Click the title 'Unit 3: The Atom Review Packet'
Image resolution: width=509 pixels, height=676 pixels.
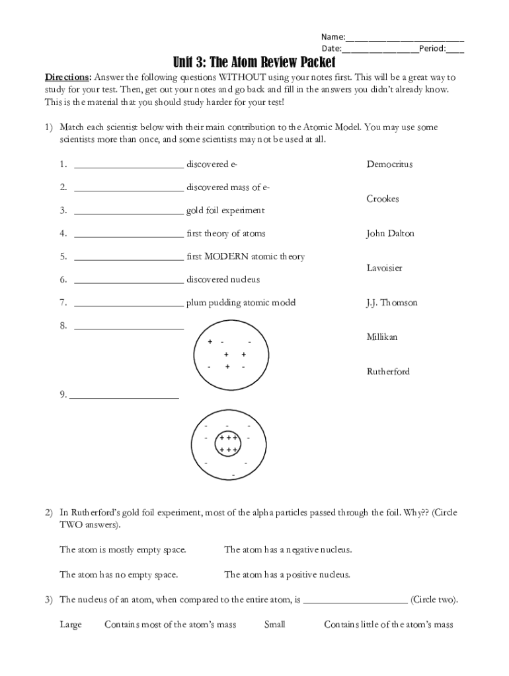(x=255, y=62)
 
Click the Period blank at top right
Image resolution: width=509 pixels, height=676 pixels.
(x=455, y=50)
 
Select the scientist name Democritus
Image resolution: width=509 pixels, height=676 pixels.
(x=389, y=164)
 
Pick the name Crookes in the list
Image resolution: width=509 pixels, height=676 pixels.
(x=383, y=199)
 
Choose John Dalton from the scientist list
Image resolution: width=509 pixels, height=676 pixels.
(x=390, y=233)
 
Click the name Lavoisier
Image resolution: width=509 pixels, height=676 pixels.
(x=384, y=268)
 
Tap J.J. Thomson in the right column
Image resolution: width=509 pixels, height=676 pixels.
(x=391, y=302)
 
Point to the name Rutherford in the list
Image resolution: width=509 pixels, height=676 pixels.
(x=388, y=372)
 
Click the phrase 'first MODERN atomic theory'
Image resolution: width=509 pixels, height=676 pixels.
(x=245, y=256)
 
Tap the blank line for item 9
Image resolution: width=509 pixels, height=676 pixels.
(x=124, y=397)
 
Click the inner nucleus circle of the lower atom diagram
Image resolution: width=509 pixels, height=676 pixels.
(x=228, y=444)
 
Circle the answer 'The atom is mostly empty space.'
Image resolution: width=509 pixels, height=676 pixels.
(x=123, y=549)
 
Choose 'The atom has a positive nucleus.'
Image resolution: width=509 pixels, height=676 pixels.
(x=287, y=574)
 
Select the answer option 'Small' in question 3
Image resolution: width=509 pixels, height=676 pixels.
(x=274, y=624)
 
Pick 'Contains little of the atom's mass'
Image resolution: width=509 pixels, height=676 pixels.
(x=388, y=624)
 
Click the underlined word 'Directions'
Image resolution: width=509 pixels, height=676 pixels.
(x=67, y=77)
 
